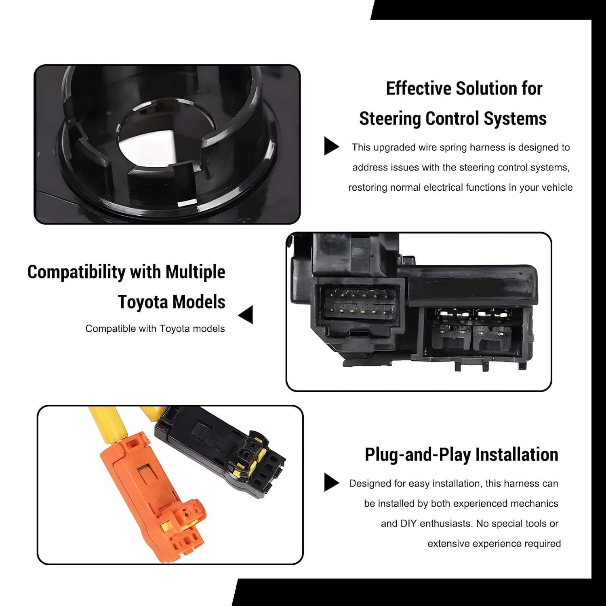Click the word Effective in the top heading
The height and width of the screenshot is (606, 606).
(419, 88)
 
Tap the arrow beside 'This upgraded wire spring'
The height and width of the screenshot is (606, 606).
(331, 146)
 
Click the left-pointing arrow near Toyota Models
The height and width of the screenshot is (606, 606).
(246, 315)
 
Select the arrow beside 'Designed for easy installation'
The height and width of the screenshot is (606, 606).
(331, 482)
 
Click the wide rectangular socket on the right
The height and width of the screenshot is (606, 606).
(473, 331)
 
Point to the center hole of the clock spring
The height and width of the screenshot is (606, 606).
(160, 137)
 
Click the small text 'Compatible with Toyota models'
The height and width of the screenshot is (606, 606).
(155, 329)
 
